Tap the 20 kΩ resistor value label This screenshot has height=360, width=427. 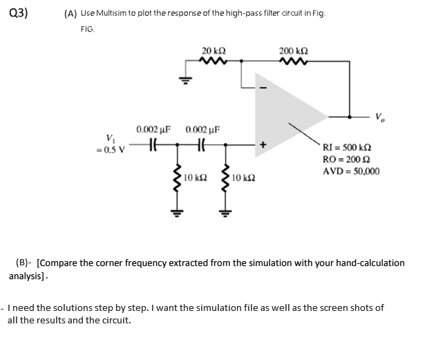212,50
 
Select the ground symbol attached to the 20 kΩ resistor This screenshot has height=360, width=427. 184,78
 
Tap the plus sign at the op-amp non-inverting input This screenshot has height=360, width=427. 263,145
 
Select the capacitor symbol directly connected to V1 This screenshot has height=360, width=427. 154,145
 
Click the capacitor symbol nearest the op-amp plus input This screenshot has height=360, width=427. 201,145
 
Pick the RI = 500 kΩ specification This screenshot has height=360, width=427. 348,150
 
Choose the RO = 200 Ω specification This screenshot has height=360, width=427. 346,160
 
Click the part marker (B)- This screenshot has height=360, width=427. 23,263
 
